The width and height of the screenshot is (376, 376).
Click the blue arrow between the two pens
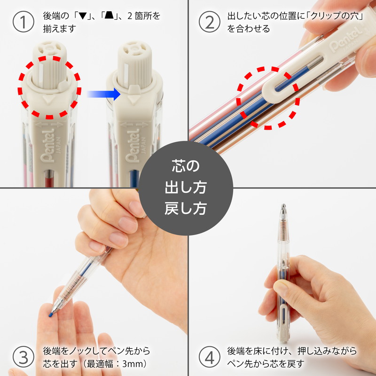103,94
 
